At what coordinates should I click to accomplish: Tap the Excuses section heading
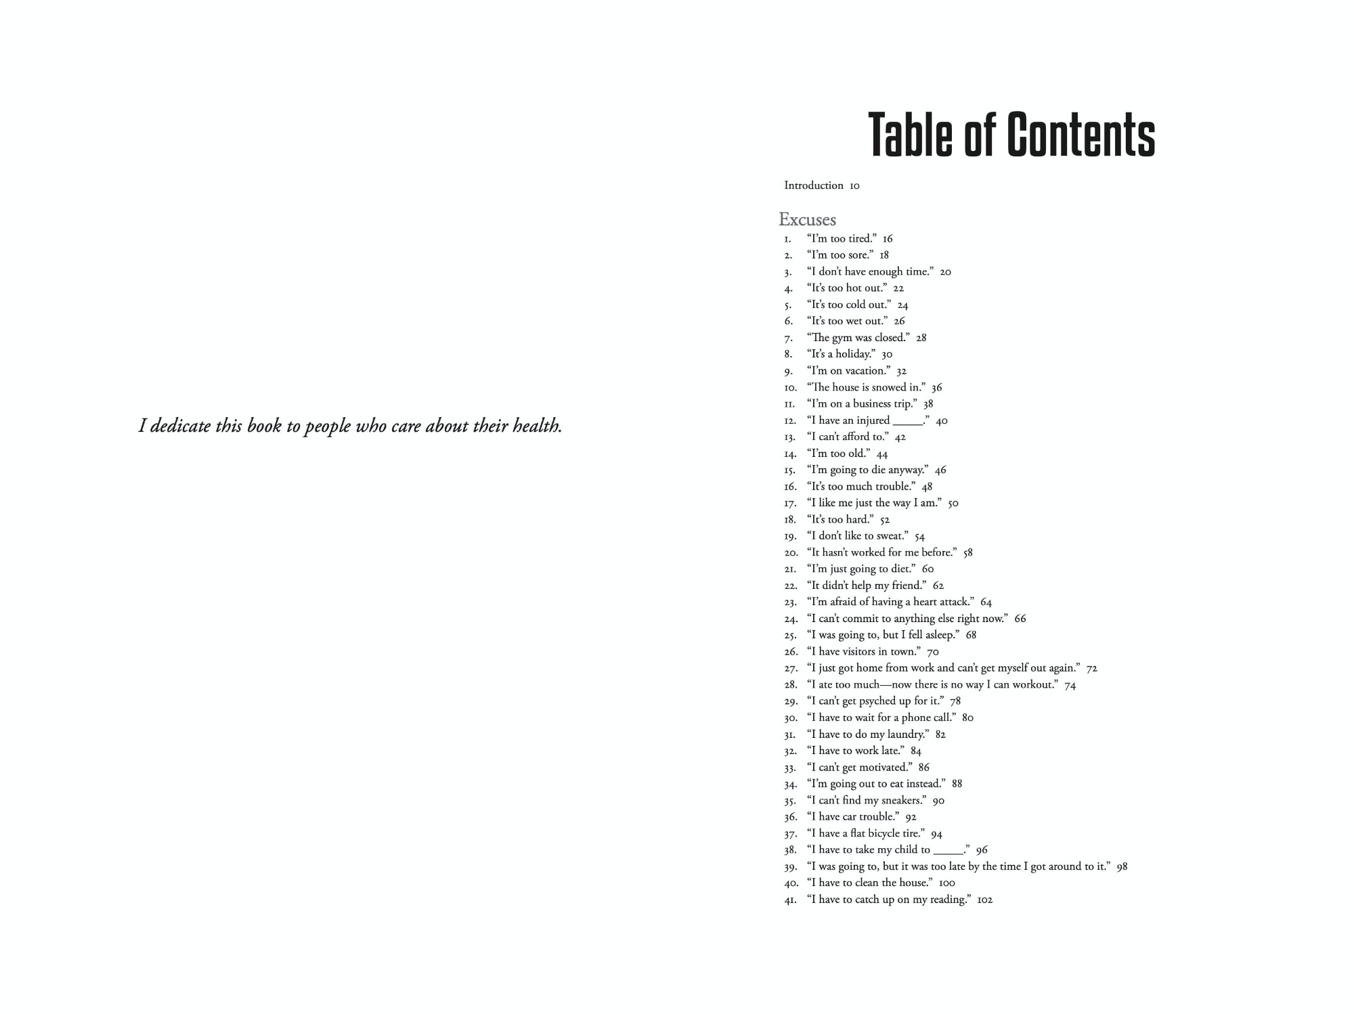(807, 219)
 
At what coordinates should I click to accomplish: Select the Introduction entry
(814, 185)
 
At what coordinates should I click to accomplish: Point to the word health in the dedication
(537, 426)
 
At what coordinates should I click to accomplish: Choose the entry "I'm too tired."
(842, 238)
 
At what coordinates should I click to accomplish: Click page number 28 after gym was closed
(921, 338)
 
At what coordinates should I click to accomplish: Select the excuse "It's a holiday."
(841, 354)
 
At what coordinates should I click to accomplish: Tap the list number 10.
(790, 388)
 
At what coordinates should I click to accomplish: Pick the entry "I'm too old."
(838, 454)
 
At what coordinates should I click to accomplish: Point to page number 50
(953, 503)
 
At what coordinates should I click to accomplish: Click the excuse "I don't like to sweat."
(858, 536)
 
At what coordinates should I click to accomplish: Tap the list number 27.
(790, 669)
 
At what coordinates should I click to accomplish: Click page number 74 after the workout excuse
(1070, 685)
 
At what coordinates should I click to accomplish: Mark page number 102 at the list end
(985, 900)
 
